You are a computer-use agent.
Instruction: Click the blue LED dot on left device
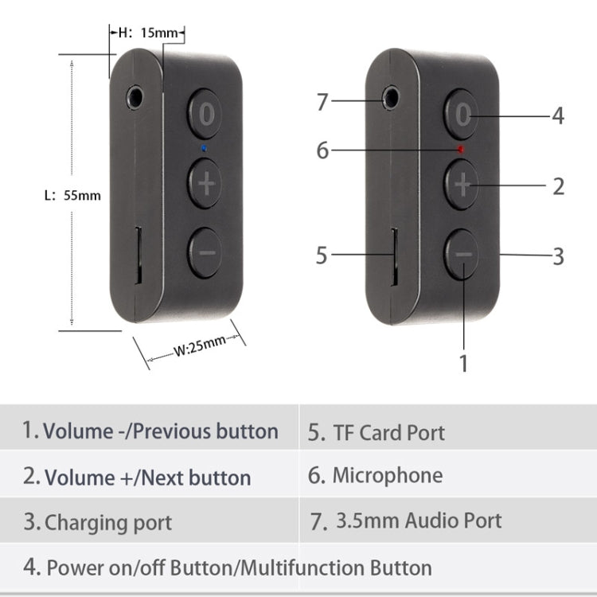point(205,148)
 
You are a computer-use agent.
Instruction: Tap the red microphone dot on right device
point(460,149)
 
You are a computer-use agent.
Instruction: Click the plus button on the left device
point(206,185)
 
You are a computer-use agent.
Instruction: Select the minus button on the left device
point(205,252)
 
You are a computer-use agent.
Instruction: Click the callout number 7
point(322,103)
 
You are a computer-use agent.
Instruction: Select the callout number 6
point(322,150)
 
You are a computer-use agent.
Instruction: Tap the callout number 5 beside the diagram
point(322,256)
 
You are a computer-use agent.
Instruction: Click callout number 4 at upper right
point(558,116)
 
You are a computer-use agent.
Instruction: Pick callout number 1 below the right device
point(463,364)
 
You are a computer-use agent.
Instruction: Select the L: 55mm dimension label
point(72,194)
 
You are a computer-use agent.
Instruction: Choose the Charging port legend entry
point(107,523)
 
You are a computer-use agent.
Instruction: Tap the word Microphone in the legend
point(387,476)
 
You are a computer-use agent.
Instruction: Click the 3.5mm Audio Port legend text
point(419,521)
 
